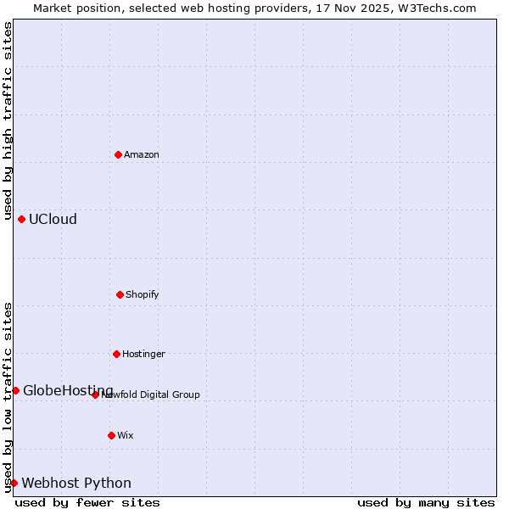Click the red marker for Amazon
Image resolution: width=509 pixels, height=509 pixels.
pyautogui.click(x=118, y=154)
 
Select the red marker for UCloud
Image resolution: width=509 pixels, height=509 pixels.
pyautogui.click(x=21, y=219)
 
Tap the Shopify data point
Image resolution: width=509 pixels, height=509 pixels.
pyautogui.click(x=120, y=294)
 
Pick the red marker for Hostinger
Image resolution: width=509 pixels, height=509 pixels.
pyautogui.click(x=116, y=354)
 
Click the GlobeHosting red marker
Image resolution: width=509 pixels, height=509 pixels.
pyautogui.click(x=15, y=390)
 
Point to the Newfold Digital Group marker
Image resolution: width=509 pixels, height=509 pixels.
pyautogui.click(x=95, y=394)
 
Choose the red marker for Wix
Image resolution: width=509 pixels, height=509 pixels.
pyautogui.click(x=111, y=435)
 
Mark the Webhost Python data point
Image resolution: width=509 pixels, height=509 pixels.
pyautogui.click(x=14, y=483)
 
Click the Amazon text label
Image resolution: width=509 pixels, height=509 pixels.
pyautogui.click(x=142, y=154)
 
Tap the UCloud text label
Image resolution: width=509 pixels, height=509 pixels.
pyautogui.click(x=53, y=219)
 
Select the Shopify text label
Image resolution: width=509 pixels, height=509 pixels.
pyautogui.click(x=143, y=294)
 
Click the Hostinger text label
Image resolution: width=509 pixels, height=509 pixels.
pyautogui.click(x=143, y=354)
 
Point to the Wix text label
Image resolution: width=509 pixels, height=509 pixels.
pyautogui.click(x=126, y=435)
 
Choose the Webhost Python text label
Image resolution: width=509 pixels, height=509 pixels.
pyautogui.click(x=76, y=483)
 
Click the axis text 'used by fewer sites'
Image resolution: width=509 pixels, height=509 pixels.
pyautogui.click(x=87, y=502)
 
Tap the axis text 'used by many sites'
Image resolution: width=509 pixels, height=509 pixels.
pyautogui.click(x=426, y=502)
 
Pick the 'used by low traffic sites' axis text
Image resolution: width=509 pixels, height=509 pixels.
pyautogui.click(x=8, y=396)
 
